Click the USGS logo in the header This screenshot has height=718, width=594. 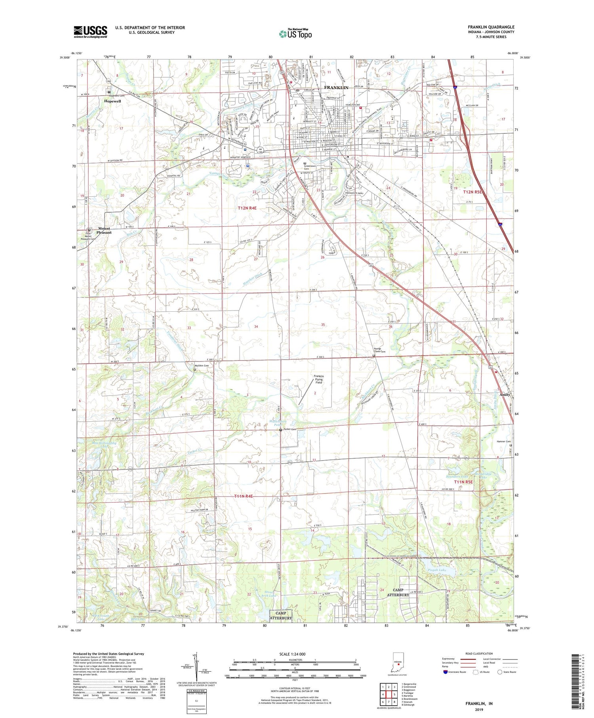tap(90, 32)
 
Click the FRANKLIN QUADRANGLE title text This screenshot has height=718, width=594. tap(491, 27)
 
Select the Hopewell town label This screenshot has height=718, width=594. tap(112, 101)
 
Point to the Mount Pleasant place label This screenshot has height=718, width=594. tap(105, 230)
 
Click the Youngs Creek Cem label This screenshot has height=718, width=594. tap(379, 350)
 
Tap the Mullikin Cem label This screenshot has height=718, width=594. tap(202, 366)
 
